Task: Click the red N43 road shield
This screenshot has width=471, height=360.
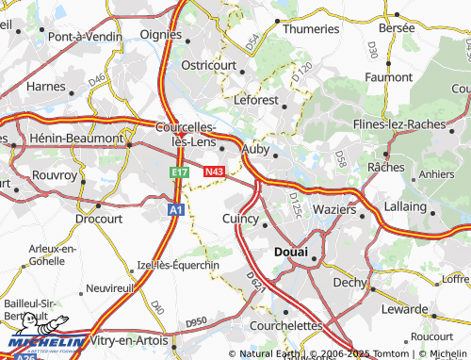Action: (214, 172)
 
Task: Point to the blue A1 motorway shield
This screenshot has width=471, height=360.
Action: (175, 211)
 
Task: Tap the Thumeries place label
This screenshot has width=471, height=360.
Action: (311, 29)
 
